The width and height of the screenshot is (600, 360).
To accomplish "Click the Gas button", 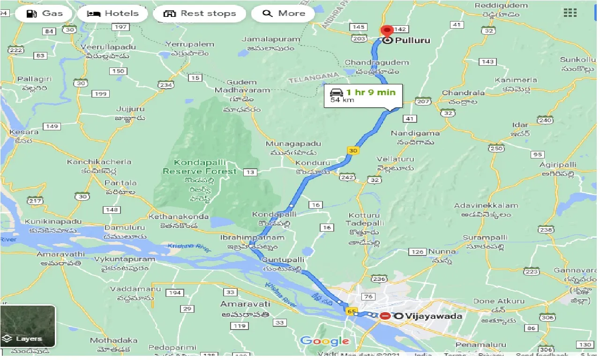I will click(x=45, y=13).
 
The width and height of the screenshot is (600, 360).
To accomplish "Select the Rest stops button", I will click(x=199, y=13).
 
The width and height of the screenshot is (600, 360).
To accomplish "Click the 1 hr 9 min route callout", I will click(x=363, y=95).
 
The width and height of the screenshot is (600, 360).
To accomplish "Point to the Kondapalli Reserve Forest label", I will click(x=200, y=167).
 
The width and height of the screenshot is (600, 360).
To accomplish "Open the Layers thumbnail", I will click(x=28, y=326).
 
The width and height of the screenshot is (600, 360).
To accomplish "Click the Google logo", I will click(x=324, y=341).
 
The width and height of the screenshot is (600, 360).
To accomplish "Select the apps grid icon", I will click(x=570, y=13).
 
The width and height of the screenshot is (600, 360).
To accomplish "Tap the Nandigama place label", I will click(x=415, y=133).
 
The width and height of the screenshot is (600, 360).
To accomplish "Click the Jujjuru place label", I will click(x=130, y=109).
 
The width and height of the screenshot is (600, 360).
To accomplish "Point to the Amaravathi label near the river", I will click(x=61, y=254).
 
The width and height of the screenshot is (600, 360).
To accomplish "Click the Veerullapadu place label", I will click(x=108, y=47).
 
